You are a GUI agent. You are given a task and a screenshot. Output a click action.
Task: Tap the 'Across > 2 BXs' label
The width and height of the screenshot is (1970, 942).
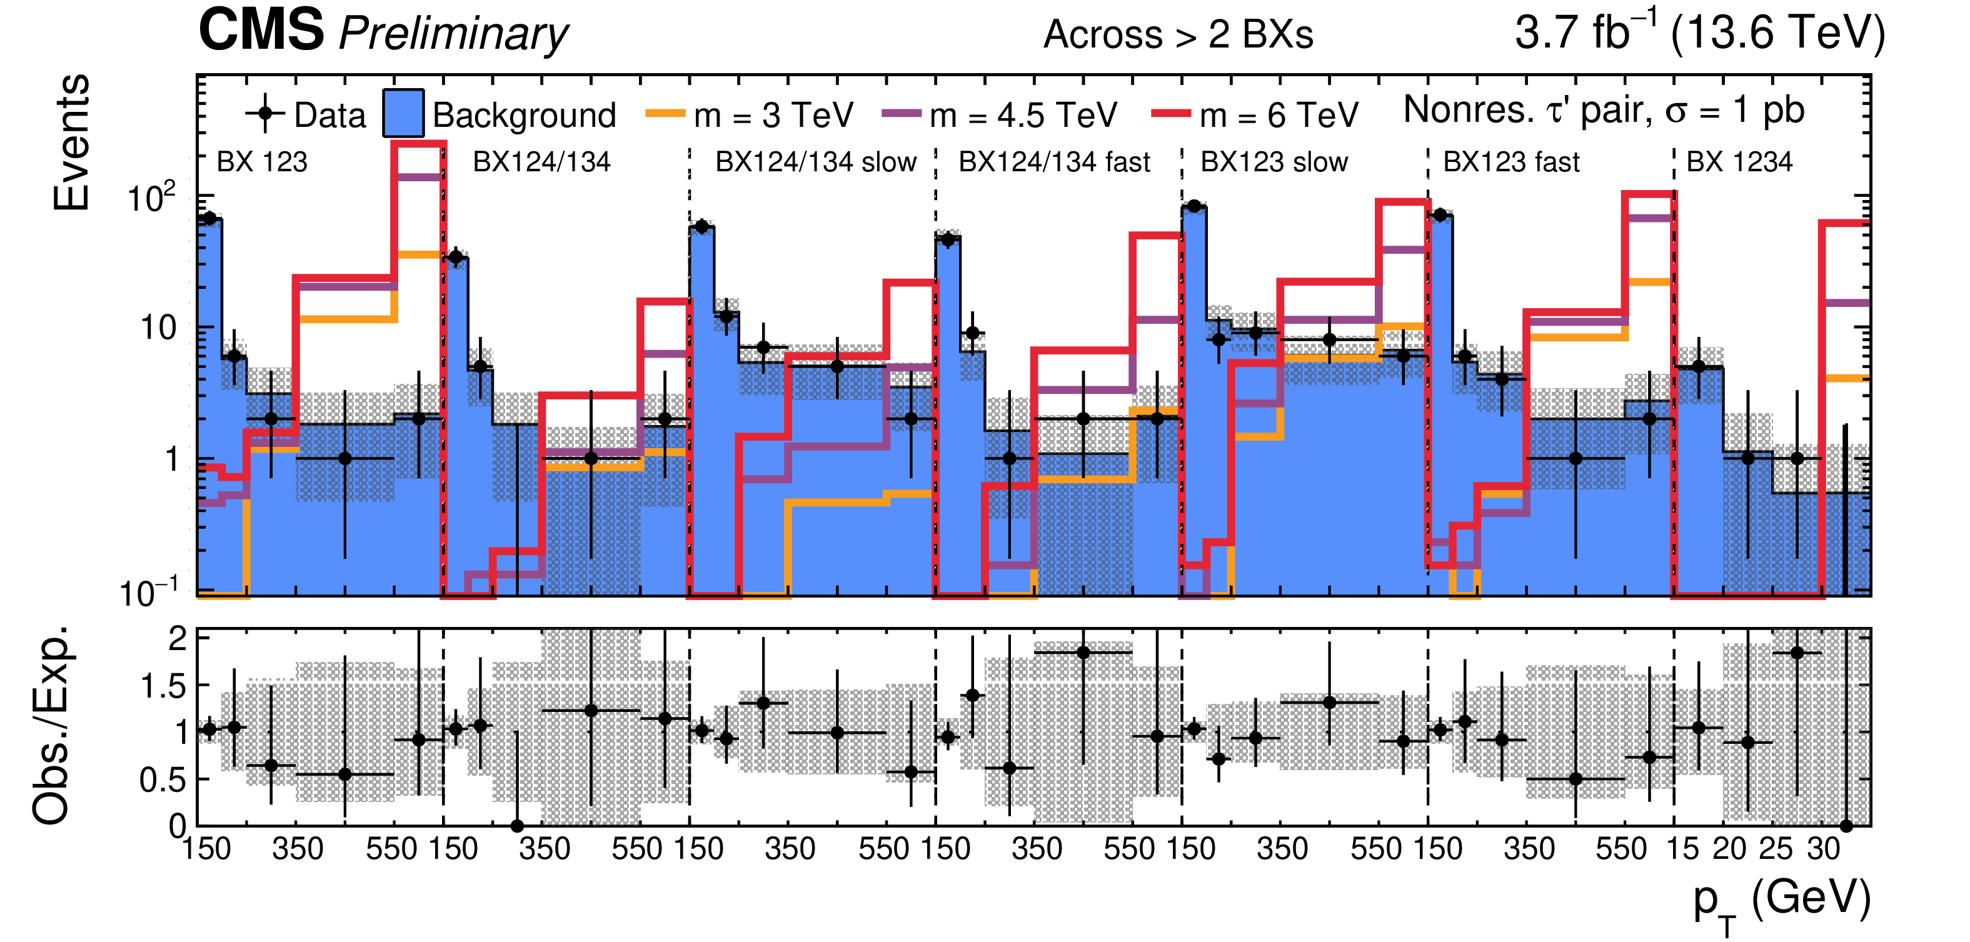[x=1178, y=34]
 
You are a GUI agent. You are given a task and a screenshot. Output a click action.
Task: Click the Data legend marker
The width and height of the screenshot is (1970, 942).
[x=265, y=114]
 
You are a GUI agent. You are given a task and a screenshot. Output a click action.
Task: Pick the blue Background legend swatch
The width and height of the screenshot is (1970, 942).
[x=403, y=114]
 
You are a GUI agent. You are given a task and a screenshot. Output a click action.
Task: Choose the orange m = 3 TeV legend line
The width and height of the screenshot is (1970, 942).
[x=665, y=114]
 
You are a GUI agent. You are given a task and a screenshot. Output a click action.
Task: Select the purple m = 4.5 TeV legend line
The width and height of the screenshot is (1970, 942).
[x=901, y=114]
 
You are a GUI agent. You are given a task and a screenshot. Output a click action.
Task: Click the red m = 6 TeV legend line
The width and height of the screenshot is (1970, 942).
[x=1170, y=114]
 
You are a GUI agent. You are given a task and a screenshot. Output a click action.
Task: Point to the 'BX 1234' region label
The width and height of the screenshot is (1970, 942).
[x=1739, y=162]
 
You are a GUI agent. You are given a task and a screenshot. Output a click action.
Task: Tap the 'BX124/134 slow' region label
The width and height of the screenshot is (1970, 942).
[x=815, y=162]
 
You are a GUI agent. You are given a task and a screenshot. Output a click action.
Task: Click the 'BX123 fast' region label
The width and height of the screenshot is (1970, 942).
[x=1510, y=162]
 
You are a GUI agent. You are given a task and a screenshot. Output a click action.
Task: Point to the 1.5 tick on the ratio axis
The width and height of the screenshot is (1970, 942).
[x=164, y=686]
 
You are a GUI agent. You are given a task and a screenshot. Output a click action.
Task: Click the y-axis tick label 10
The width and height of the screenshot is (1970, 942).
[x=158, y=328]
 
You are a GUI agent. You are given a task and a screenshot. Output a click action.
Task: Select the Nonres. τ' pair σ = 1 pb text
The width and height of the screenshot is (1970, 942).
[x=1604, y=110]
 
